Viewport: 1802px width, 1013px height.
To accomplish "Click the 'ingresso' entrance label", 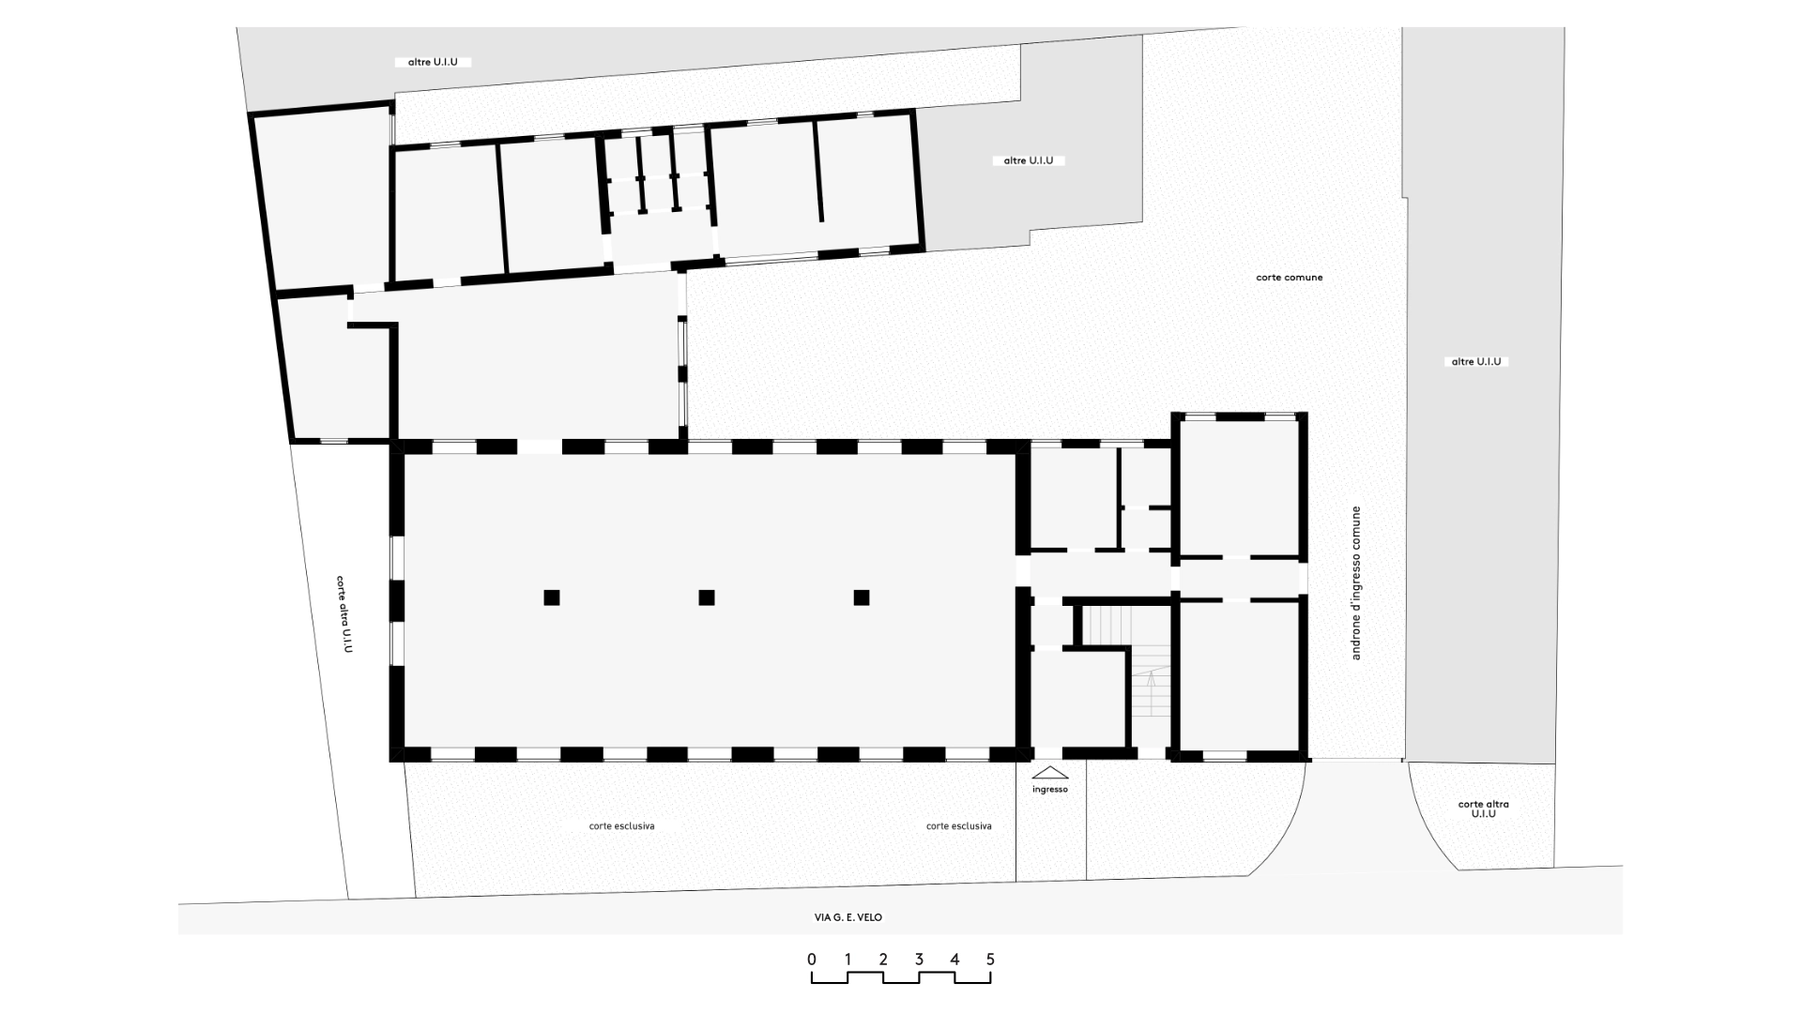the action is [1050, 790].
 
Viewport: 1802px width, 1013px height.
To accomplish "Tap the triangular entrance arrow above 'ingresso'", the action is [1050, 773].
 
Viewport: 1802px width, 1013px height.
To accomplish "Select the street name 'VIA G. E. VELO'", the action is [848, 917].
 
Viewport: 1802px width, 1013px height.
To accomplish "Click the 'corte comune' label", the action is [1290, 278].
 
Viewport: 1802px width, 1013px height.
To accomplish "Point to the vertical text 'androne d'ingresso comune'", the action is [1355, 582].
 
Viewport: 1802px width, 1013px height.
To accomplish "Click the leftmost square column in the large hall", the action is [552, 597].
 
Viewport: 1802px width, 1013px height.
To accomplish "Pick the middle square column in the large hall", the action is [707, 597].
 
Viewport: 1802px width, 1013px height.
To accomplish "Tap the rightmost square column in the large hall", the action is [862, 597].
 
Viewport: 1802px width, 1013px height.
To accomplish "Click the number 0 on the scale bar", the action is [812, 960].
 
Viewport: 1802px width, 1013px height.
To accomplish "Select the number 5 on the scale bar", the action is [990, 960].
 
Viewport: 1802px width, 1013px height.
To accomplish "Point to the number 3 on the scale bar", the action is [919, 960].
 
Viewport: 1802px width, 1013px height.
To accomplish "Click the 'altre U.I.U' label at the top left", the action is [433, 63].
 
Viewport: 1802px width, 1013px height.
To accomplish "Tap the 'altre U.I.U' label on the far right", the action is [1476, 362].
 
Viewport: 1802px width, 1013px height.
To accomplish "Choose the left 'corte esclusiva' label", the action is [621, 826].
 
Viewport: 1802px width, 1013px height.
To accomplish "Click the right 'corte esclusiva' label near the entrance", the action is [958, 826].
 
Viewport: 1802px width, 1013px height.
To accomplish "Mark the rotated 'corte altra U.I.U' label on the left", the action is [344, 614].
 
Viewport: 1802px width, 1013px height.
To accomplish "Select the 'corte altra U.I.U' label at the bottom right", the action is [1484, 809].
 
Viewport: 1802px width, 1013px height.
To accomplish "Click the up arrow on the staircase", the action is [1151, 694].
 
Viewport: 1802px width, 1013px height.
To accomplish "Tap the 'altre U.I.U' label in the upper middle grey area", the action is [1029, 161].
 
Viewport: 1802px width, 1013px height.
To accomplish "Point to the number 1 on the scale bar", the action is [848, 960].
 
